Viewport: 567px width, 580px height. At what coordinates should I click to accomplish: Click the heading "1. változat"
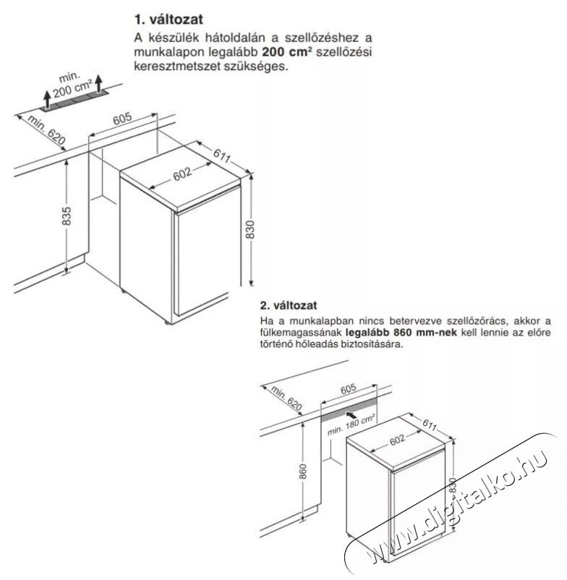point(169,20)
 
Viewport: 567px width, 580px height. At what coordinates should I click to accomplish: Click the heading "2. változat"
point(289,305)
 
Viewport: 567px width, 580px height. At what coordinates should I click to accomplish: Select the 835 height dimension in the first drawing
point(67,216)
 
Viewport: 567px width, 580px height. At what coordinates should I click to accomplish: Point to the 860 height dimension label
point(303,472)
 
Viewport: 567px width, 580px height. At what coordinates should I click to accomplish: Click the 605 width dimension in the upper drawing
point(122,119)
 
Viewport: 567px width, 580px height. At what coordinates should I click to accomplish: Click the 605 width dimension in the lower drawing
point(348,388)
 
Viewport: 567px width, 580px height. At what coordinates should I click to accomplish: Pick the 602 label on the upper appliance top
point(182,174)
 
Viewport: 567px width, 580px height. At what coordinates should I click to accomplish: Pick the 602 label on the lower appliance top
point(397,440)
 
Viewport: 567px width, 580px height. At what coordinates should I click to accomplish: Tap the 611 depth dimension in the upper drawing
point(222,155)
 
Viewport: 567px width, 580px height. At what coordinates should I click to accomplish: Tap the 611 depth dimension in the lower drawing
point(430,425)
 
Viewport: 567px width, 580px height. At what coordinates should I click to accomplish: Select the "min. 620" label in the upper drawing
point(46,130)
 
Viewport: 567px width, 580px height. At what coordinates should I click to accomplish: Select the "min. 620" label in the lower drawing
point(286,398)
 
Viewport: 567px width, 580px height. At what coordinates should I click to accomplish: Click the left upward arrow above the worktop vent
point(47,99)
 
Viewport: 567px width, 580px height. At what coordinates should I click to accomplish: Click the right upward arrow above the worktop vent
point(98,84)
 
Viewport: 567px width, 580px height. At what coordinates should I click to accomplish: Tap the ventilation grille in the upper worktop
point(74,100)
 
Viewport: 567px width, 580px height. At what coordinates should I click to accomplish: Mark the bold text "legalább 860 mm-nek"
point(404,332)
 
